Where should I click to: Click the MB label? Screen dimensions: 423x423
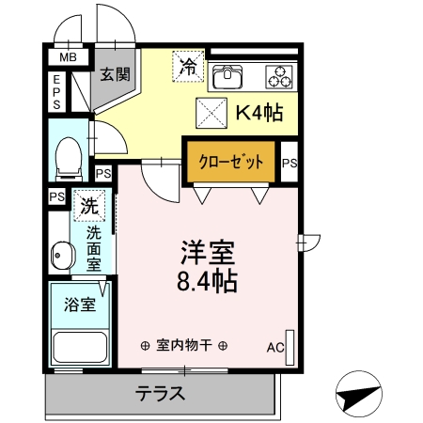[68, 58]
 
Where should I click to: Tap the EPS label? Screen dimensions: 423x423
[56, 92]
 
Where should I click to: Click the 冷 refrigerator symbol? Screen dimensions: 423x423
[188, 66]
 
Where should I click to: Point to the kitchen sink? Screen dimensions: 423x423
[227, 74]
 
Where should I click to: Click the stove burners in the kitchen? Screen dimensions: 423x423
[279, 74]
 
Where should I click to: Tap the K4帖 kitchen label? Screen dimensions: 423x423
[259, 113]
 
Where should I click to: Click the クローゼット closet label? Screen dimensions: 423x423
[230, 161]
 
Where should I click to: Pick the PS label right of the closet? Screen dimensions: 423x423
[290, 164]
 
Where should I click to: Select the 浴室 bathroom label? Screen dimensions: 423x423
[78, 305]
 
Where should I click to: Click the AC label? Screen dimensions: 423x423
[274, 348]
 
